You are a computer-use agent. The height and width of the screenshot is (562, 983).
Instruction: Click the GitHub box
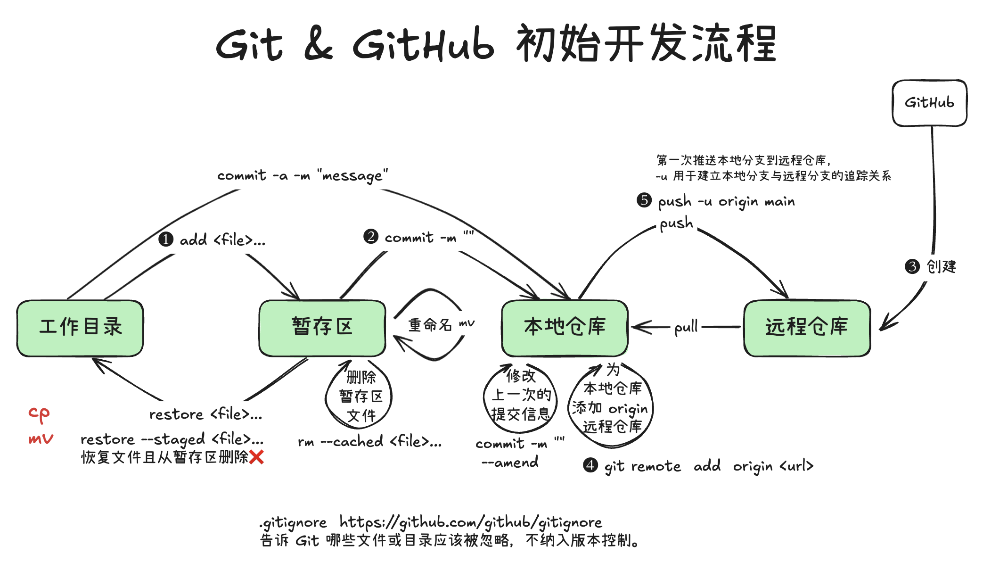(x=929, y=103)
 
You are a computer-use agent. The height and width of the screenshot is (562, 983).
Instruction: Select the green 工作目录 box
(x=80, y=328)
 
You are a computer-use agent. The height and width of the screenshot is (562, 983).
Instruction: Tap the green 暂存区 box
(x=322, y=328)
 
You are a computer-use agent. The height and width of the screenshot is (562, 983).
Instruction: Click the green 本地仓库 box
(x=565, y=328)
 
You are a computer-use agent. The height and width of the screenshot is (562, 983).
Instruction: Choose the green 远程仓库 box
(x=807, y=328)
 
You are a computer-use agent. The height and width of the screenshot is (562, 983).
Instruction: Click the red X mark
(x=256, y=457)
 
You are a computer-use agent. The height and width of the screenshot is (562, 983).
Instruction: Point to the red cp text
(x=39, y=413)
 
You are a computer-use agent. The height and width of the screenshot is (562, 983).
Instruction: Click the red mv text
(x=41, y=439)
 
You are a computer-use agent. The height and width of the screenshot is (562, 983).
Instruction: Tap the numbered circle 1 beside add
(x=166, y=240)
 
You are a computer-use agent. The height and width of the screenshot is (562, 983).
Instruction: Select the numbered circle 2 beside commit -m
(x=371, y=236)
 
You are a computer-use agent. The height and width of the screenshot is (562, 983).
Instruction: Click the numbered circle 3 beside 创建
(x=912, y=266)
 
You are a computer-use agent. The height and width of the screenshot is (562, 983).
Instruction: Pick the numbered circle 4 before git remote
(x=590, y=465)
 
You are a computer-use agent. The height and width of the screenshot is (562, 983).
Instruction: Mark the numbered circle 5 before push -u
(x=644, y=200)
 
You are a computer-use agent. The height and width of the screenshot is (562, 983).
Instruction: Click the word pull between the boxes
(x=686, y=327)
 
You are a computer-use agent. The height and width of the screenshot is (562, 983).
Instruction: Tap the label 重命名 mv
(x=441, y=324)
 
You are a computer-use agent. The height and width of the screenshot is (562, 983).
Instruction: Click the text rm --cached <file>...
(x=370, y=442)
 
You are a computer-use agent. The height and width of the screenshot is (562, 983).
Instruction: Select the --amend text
(x=510, y=463)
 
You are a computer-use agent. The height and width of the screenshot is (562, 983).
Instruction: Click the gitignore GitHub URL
(x=470, y=522)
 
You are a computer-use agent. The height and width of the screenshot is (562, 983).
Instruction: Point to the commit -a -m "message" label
(x=303, y=175)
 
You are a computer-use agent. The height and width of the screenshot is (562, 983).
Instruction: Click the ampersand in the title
(x=319, y=44)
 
